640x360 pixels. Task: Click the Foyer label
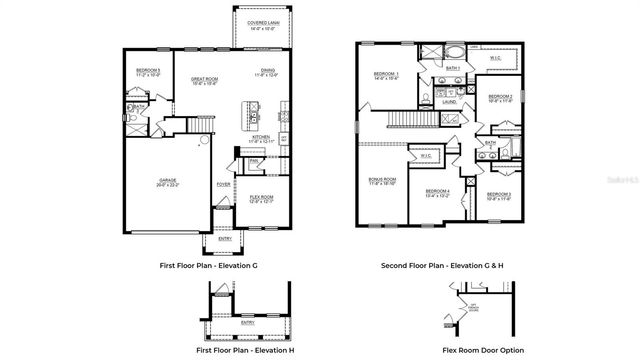point(223,184)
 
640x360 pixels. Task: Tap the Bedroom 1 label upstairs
point(386,75)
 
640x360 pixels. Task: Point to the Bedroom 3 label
point(499,194)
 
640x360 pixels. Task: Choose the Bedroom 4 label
point(437,193)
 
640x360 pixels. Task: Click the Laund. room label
point(450,101)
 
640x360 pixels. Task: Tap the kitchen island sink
point(254,115)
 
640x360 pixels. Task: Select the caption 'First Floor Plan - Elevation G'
point(208,266)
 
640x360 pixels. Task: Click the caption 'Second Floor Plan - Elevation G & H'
point(439,266)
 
